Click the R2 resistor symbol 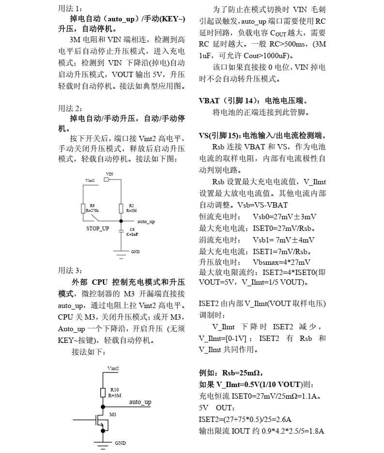click(121, 208)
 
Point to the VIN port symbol click(107, 179)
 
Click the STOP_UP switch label click(97, 228)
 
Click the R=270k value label click(92, 211)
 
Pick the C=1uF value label click(132, 234)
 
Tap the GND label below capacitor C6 click(135, 252)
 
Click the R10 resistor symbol click(103, 392)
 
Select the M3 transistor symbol click(101, 420)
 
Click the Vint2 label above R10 click(113, 369)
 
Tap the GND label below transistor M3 click(120, 443)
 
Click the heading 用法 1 click(70, 9)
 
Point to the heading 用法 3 click(70, 270)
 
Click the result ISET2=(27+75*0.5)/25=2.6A click(248, 420)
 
